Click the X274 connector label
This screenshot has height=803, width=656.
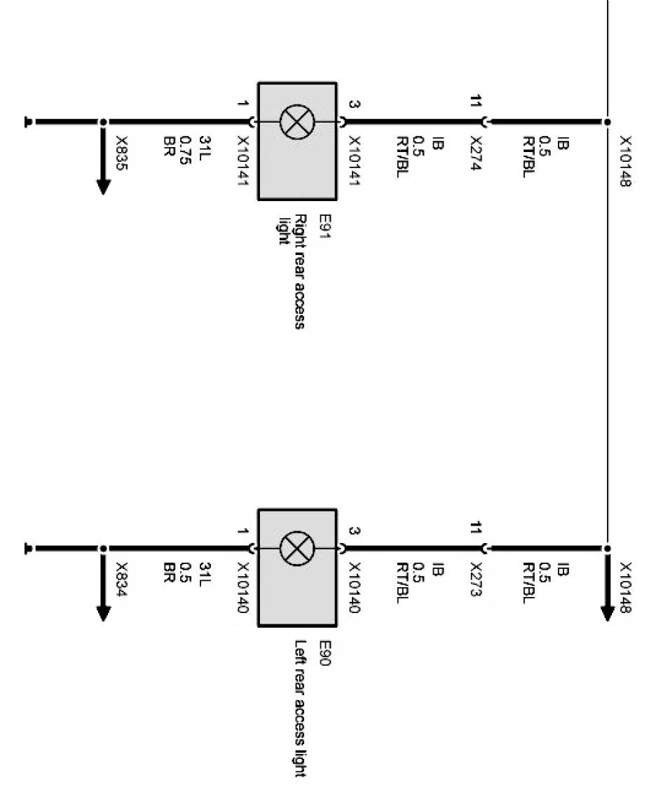[477, 155]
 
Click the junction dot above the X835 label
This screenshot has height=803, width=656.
[103, 123]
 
